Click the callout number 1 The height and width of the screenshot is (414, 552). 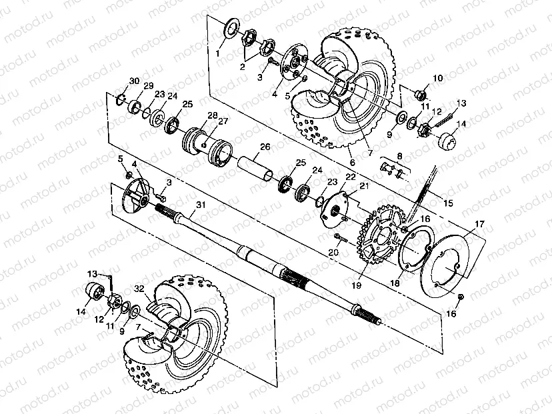point(217,51)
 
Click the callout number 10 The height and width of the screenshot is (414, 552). point(437,78)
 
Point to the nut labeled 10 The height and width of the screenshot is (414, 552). point(421,94)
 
